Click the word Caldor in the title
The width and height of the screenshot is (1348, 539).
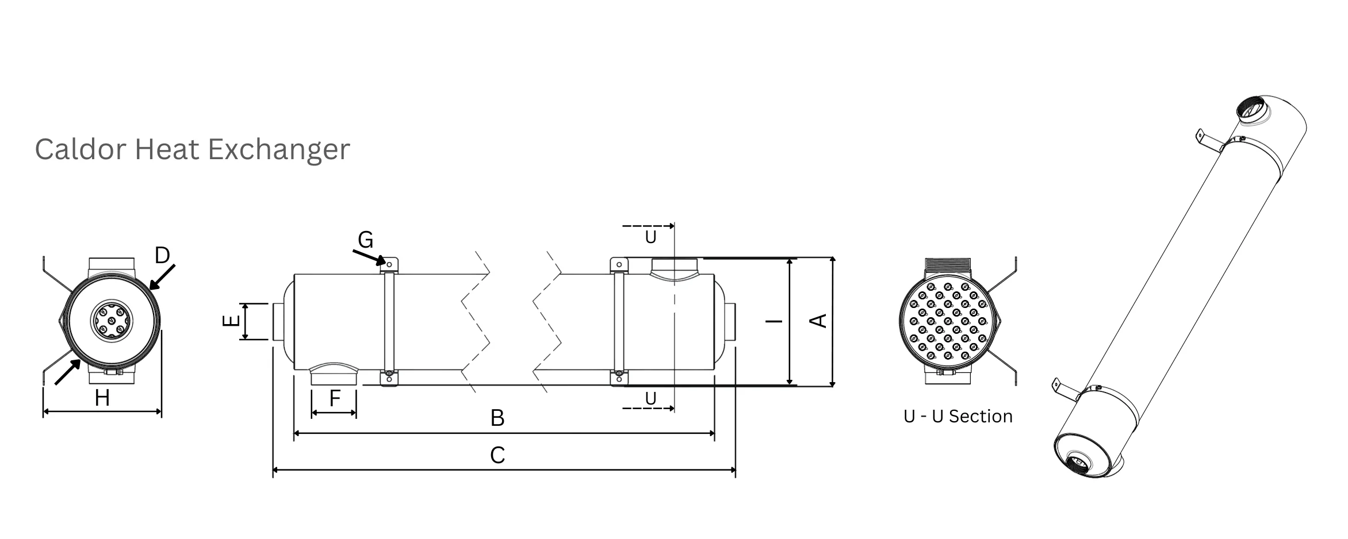tap(81, 149)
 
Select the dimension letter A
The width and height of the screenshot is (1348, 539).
tap(818, 321)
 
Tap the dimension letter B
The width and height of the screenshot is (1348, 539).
tap(497, 418)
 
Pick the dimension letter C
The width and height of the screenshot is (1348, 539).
tap(497, 456)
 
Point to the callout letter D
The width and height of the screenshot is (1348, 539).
tap(163, 255)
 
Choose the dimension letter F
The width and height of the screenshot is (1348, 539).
tap(335, 398)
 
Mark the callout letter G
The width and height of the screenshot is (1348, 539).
tap(366, 240)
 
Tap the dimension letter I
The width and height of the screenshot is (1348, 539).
tap(775, 321)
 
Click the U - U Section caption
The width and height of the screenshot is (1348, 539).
tap(958, 417)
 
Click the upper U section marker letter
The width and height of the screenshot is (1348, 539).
tap(650, 237)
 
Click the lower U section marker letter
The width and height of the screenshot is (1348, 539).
tap(650, 398)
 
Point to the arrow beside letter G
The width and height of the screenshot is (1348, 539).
tap(369, 257)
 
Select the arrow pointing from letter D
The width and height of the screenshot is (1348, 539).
tap(162, 277)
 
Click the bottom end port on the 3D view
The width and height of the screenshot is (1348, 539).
tap(1077, 463)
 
